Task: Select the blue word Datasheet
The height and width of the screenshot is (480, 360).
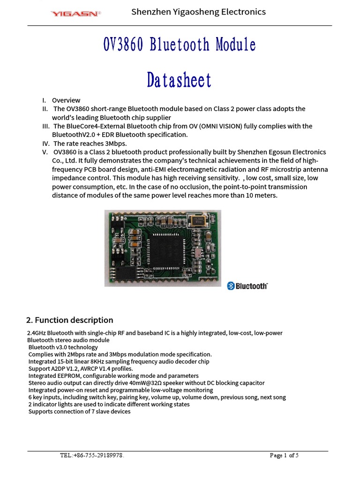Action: click(179, 80)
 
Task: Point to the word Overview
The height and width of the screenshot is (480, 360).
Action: click(66, 100)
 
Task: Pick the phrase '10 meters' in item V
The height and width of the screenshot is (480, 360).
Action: click(261, 195)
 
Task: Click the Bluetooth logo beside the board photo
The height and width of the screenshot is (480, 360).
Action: click(247, 285)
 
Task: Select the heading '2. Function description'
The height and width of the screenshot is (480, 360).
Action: click(69, 320)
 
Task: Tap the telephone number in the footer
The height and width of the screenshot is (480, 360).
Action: click(92, 455)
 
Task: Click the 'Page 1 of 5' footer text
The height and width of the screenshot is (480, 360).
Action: click(284, 455)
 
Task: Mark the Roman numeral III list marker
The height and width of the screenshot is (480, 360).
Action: click(45, 126)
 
